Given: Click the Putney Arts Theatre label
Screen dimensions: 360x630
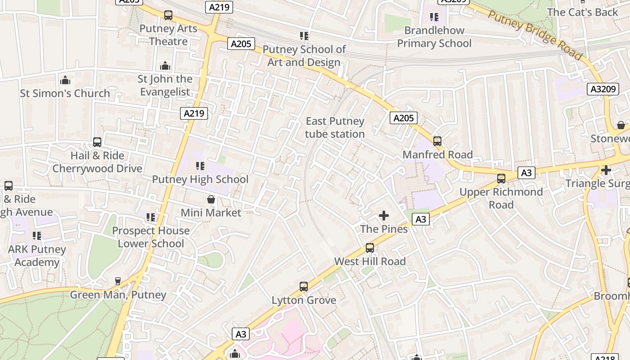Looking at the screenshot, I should coord(168,35).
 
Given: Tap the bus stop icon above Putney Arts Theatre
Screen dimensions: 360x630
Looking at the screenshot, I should coord(168,15).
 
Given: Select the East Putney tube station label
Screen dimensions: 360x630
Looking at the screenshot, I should coord(335,127).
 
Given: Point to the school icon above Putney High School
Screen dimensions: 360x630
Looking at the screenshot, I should coord(200,166).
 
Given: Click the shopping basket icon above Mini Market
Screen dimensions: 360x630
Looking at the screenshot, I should coord(211,199).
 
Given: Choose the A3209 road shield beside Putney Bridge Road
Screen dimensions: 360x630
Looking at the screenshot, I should coord(603,89).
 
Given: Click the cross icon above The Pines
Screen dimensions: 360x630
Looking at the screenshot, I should coord(384,216).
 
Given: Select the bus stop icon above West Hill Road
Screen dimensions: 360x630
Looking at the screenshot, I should coord(370,248).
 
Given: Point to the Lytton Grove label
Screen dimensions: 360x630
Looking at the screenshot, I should coord(304,300).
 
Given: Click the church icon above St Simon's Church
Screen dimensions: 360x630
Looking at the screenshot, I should coord(65,81).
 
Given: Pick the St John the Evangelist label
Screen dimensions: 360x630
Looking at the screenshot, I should coord(165,85).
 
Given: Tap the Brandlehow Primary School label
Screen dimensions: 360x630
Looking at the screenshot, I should coord(434,37).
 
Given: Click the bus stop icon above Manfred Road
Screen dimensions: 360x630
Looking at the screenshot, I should coord(437,141).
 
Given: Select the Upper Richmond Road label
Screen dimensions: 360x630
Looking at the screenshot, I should coord(501,198).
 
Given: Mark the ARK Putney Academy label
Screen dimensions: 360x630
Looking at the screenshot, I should coord(37,256).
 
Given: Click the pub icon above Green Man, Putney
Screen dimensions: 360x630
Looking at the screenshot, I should coord(118,281).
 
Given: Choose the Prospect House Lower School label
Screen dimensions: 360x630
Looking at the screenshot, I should coord(151,237).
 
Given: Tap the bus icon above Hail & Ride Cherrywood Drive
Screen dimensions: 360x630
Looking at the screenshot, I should coord(97,142).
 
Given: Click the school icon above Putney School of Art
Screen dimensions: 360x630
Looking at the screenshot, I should coord(304,36).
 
